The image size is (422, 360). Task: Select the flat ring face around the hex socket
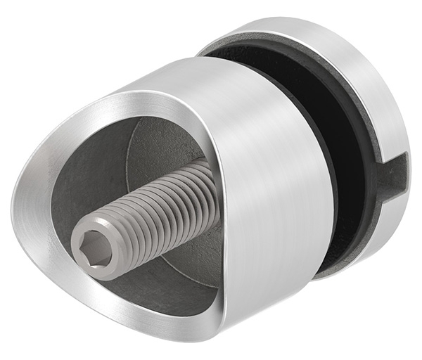pyautogui.click(x=81, y=243)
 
